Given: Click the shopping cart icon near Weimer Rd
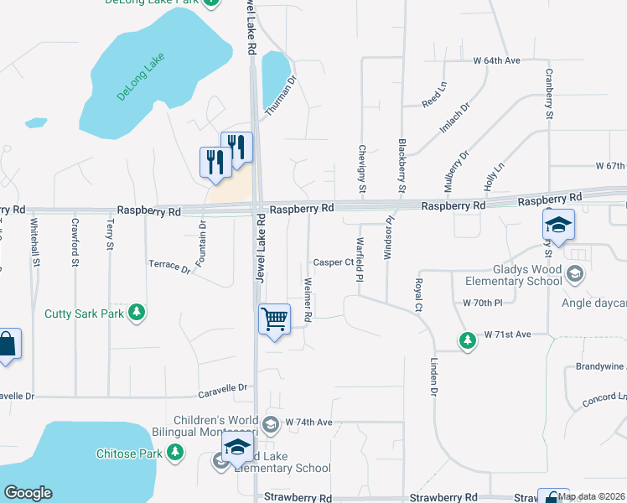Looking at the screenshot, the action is coord(274,320).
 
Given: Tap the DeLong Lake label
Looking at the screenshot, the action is coord(142,77).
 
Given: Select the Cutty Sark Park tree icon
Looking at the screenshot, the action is coord(137,314).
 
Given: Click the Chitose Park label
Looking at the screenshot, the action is coord(139,454).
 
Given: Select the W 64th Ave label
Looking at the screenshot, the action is coord(497,60).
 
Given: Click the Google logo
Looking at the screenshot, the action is coord(28,493).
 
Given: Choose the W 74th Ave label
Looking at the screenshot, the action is coord(309,422).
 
